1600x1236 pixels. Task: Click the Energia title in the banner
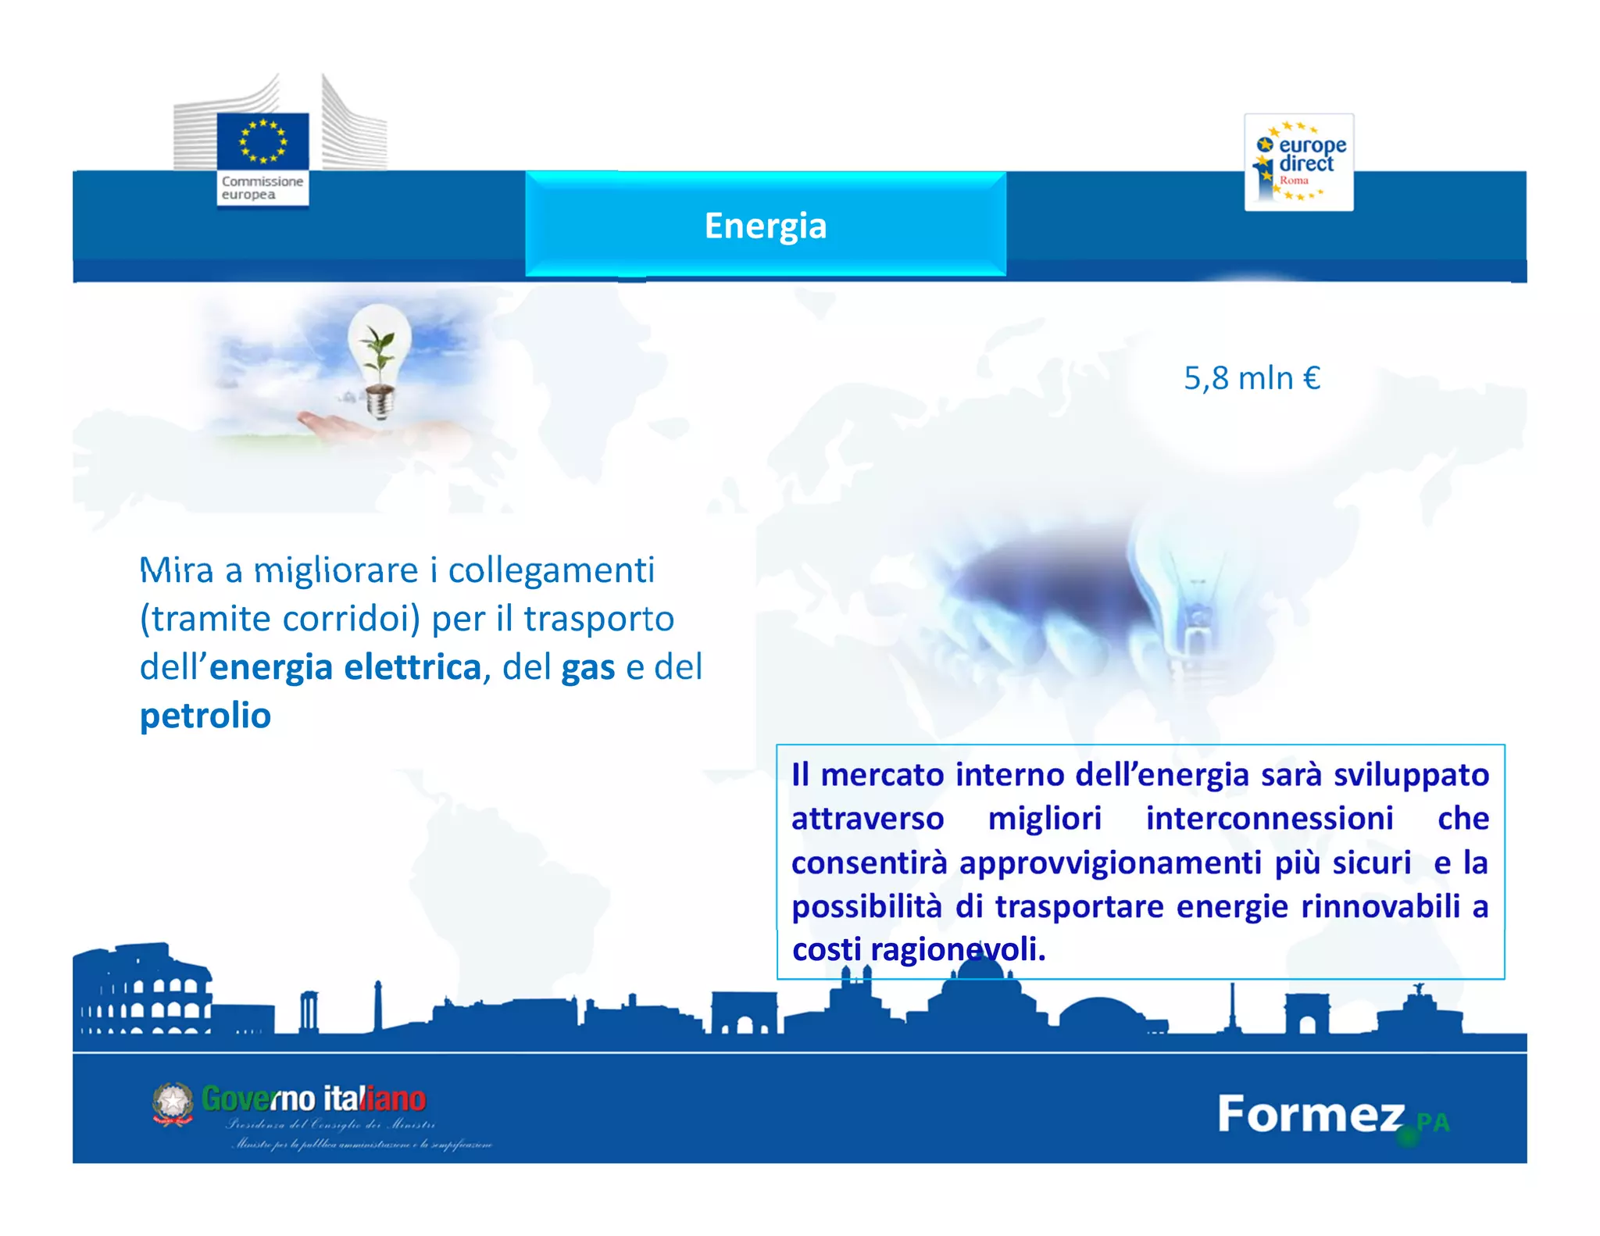[x=765, y=226]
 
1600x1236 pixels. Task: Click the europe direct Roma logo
[x=1298, y=163]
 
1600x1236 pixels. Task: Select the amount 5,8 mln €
[x=1252, y=378]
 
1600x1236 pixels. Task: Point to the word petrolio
[x=205, y=716]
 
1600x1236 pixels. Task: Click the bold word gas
[x=588, y=668]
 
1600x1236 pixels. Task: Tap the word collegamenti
[x=551, y=570]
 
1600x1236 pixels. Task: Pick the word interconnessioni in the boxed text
[x=1269, y=819]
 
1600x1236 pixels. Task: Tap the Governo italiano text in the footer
[x=313, y=1099]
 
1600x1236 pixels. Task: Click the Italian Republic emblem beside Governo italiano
[x=173, y=1103]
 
